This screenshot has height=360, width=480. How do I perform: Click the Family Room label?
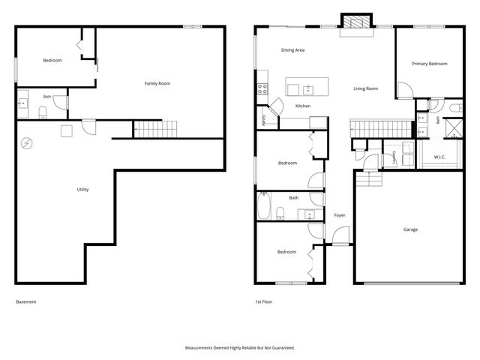coord(157,83)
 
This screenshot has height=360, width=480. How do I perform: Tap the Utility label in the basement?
coord(82,190)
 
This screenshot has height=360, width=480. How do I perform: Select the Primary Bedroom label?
coord(430,64)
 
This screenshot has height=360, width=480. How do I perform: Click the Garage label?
coord(410,229)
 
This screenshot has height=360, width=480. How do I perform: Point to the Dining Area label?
coord(292,50)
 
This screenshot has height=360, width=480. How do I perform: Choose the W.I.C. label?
coord(439,157)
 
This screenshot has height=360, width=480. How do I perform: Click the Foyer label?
coord(340,215)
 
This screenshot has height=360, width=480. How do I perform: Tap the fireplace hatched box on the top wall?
coord(356,22)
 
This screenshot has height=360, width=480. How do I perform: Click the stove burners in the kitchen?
coord(262,88)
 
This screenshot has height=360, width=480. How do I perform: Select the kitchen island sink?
coord(308,90)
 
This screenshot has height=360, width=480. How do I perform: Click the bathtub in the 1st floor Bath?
coord(263,205)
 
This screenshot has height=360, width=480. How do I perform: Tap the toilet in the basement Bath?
coord(43,112)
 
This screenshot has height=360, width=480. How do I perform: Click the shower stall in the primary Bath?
coord(454,128)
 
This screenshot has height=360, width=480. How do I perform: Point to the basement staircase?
coord(155,129)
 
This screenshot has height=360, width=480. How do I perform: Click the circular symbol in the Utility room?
coord(27,143)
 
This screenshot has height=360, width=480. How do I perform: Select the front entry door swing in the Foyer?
coord(340,235)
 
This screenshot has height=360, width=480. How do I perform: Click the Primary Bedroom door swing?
coord(405,90)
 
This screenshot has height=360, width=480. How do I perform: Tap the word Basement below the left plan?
coord(26,301)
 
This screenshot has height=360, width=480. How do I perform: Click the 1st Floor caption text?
coord(263,301)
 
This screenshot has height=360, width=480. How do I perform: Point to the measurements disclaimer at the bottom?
coord(240,348)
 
